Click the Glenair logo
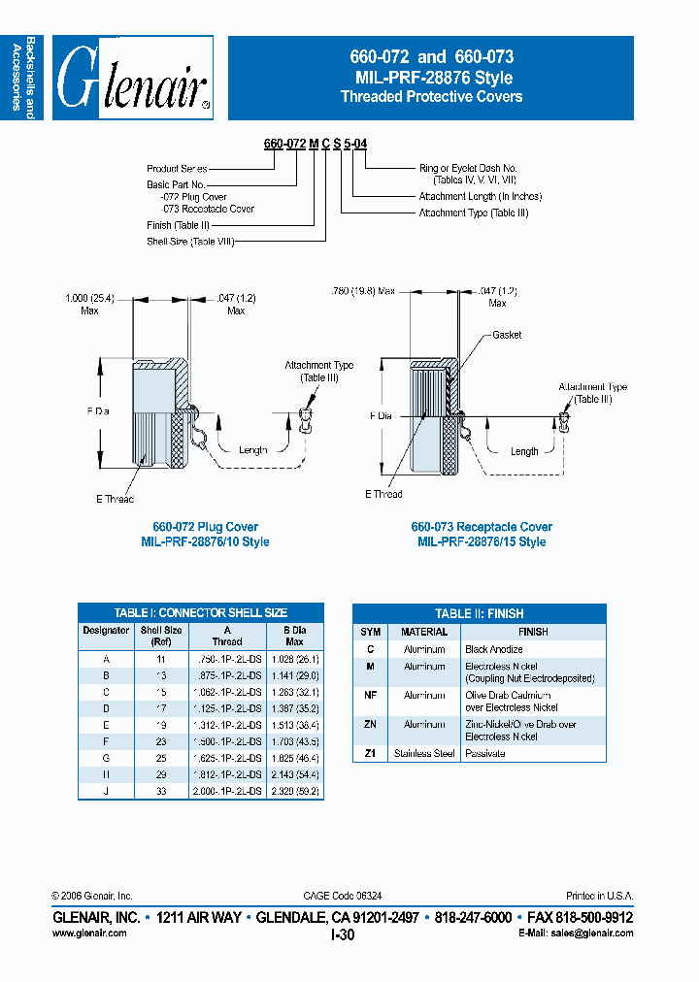coord(133,78)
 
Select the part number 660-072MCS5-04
coord(315,144)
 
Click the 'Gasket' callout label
coord(507,335)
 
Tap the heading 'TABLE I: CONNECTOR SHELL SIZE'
coord(201,613)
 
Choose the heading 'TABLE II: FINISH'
coord(479,613)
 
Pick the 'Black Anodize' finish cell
coord(494,648)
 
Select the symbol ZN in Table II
coord(370,724)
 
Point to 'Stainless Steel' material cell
coord(424,753)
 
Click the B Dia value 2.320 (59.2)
coord(294,791)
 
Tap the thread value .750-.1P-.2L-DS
coord(226,658)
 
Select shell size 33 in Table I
coord(160,791)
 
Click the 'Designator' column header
coord(106,630)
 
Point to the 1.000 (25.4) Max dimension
coord(90,305)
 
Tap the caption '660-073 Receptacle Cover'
coord(482,527)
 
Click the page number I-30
coord(343,934)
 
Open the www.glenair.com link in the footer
coord(88,933)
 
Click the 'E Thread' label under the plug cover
coord(115,499)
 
